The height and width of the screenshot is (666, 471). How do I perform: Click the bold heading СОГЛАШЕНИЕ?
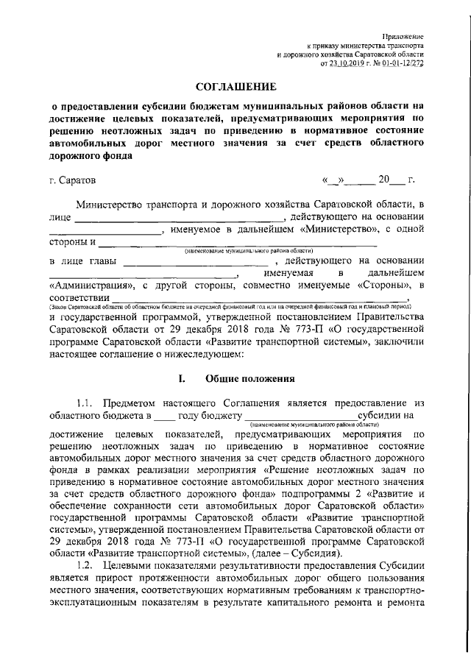click(235, 88)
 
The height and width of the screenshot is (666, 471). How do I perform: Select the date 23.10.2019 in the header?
click(347, 64)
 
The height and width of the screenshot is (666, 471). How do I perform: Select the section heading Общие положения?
click(249, 380)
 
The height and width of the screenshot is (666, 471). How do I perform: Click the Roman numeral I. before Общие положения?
click(182, 380)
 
